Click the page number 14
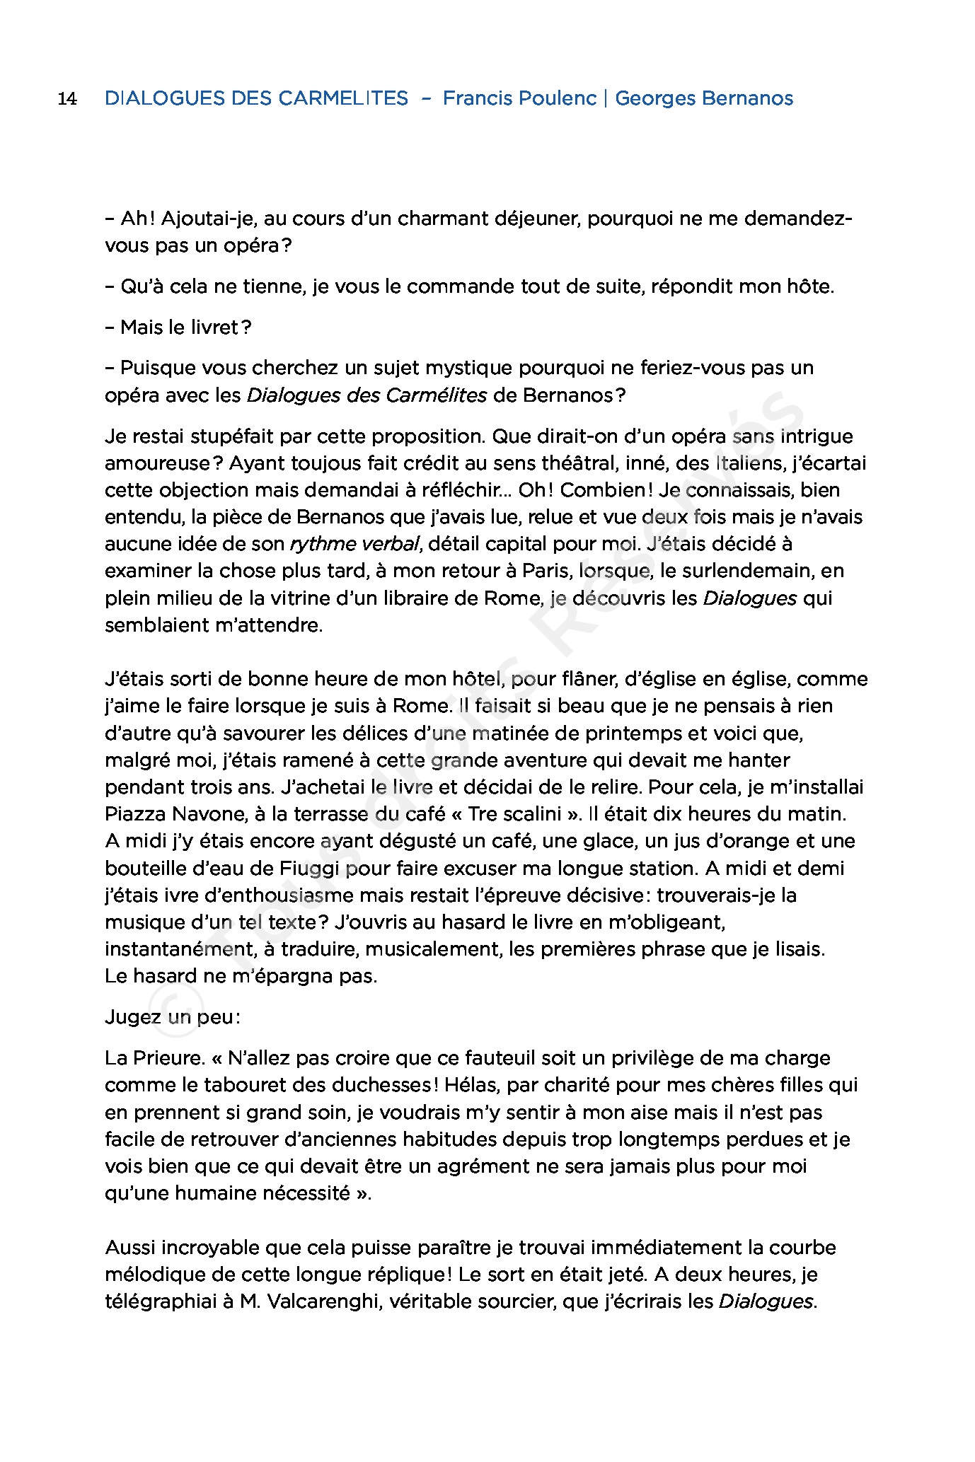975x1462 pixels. pyautogui.click(x=67, y=98)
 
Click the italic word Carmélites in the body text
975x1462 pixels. pyautogui.click(x=436, y=395)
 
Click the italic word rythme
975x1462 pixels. pyautogui.click(x=323, y=544)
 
